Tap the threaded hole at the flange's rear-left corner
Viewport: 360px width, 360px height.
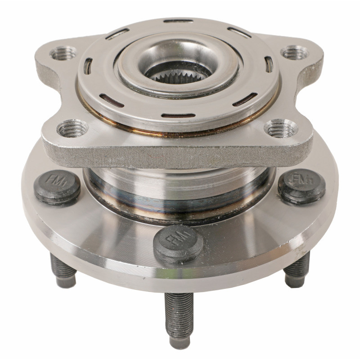pos(63,54)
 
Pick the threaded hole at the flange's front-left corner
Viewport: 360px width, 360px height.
pos(72,129)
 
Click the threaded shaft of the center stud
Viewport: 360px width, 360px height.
pos(179,315)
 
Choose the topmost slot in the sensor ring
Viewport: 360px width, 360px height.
pos(178,21)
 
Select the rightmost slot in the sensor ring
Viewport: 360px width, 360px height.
pos(269,64)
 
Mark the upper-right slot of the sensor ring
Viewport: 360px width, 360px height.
pos(239,32)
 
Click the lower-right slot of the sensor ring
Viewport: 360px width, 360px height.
pos(245,99)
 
